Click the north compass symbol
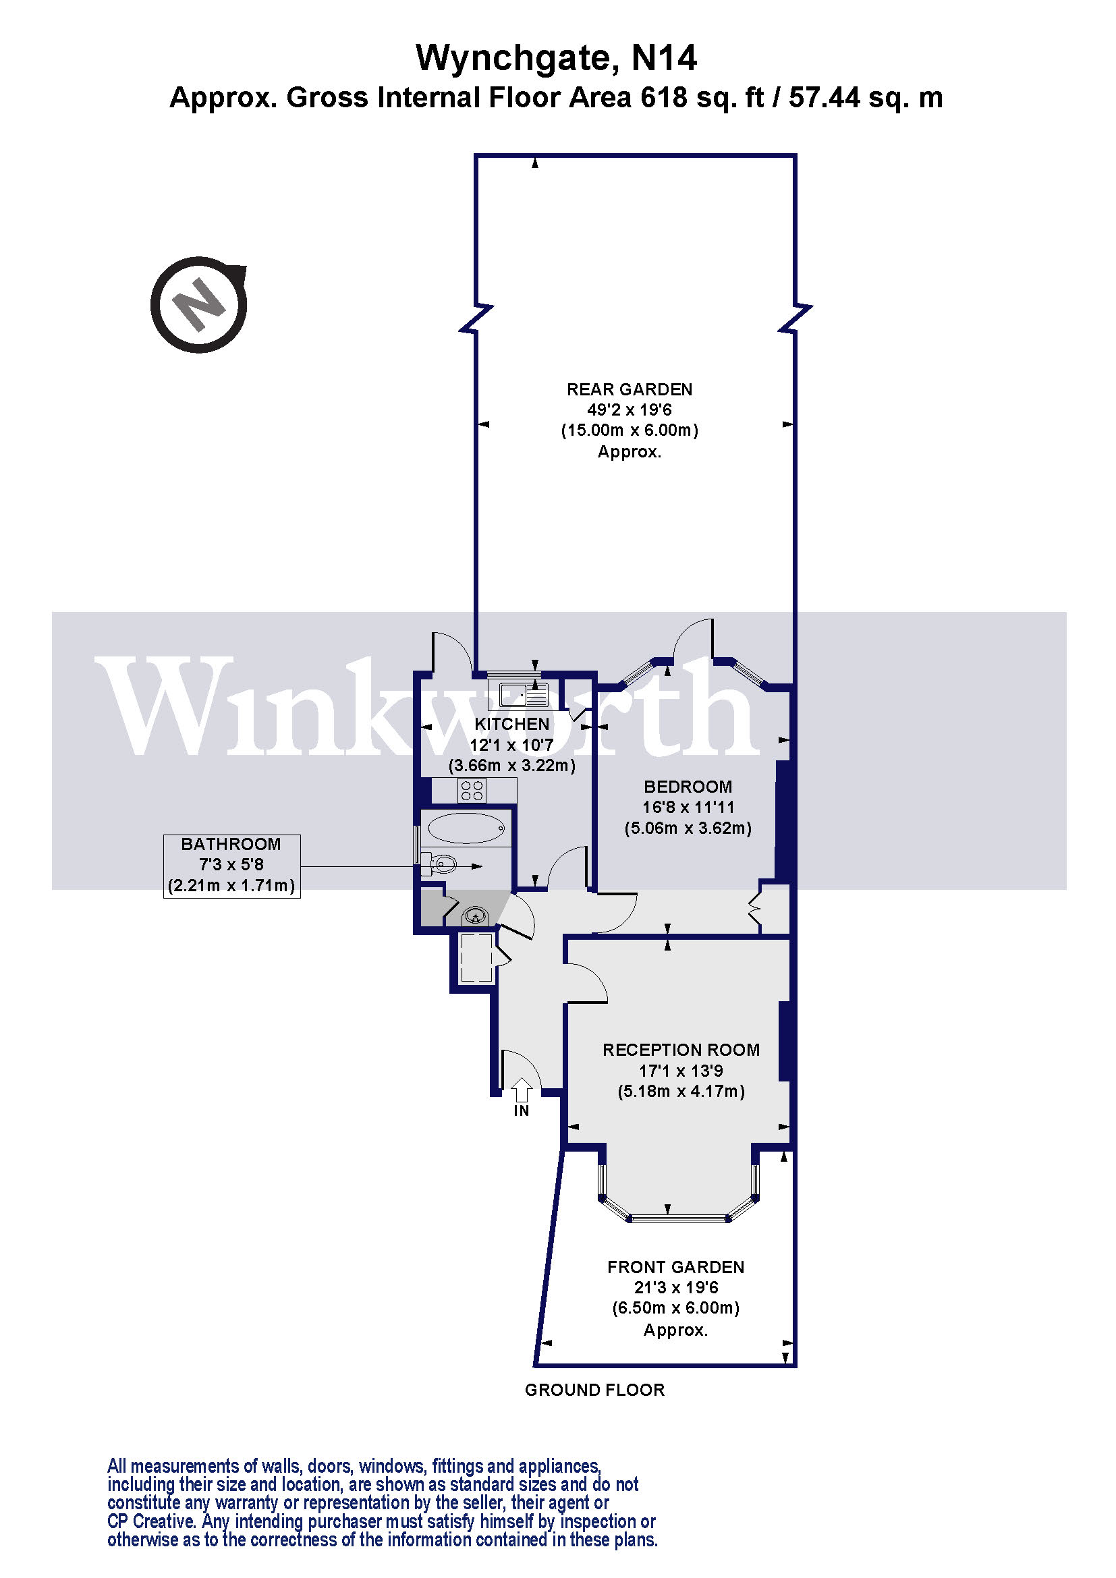tap(198, 304)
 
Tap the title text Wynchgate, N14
tap(556, 58)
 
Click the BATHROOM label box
tap(231, 866)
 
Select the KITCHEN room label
tap(512, 724)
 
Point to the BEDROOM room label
tap(688, 786)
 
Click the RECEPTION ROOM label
tap(681, 1050)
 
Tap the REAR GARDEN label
tap(630, 390)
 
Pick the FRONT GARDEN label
tap(675, 1267)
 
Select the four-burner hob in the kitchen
tap(472, 791)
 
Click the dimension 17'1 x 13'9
tap(681, 1070)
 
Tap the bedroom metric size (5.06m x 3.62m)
tap(688, 828)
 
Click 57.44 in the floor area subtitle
tap(824, 98)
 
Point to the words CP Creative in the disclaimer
tap(151, 1521)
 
